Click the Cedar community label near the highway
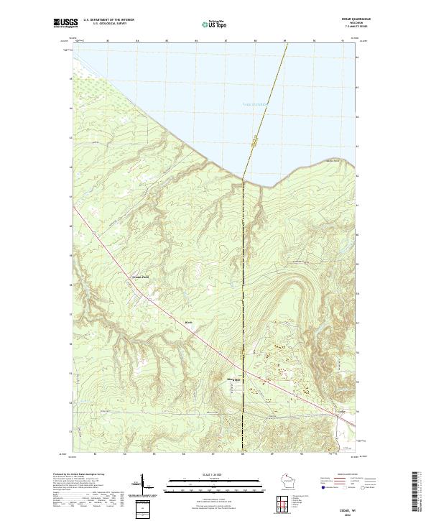[343, 412]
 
